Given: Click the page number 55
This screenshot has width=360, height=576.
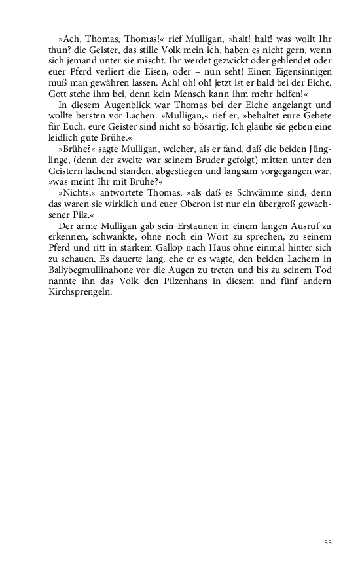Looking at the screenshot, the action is pyautogui.click(x=328, y=542).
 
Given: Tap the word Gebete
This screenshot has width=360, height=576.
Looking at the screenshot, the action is pyautogui.click(x=316, y=118).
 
